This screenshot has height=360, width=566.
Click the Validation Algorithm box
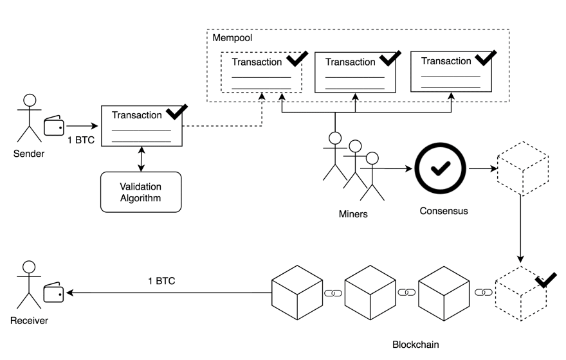(140, 192)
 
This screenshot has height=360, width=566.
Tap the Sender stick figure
(28, 119)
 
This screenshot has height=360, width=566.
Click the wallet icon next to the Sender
(54, 126)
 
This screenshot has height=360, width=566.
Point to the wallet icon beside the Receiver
(54, 293)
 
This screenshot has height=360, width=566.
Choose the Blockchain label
(415, 344)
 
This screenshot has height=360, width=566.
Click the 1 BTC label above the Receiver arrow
(162, 281)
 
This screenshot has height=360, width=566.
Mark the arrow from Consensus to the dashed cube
(483, 169)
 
